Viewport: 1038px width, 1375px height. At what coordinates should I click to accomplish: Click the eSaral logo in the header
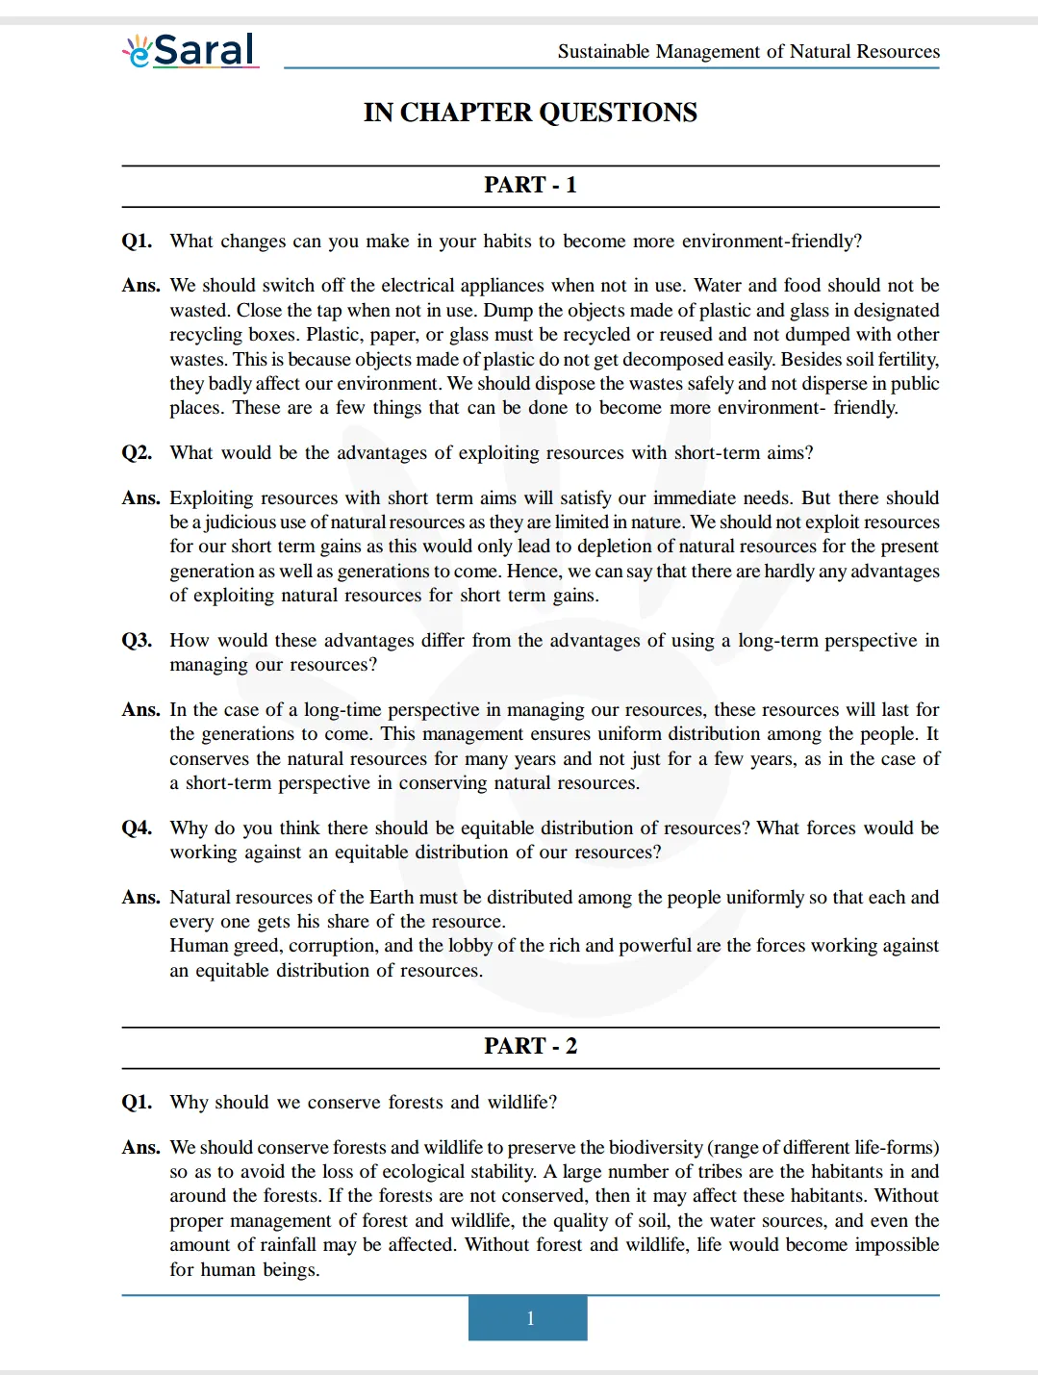click(190, 50)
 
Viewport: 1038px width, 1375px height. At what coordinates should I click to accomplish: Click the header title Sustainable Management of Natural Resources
click(748, 51)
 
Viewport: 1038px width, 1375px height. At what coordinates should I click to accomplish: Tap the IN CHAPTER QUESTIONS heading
click(530, 113)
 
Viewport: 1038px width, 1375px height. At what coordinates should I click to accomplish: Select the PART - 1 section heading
click(530, 185)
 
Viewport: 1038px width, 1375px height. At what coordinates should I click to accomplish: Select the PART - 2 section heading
click(530, 1046)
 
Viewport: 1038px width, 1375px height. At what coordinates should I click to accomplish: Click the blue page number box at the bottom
click(528, 1318)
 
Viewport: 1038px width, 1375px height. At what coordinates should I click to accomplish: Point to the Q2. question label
click(137, 453)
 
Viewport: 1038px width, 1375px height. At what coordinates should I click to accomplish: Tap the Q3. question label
click(137, 641)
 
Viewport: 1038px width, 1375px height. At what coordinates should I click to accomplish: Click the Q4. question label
click(137, 828)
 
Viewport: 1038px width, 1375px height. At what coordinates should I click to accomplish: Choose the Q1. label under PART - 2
click(137, 1103)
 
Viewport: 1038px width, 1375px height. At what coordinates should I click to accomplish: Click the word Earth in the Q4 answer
click(392, 898)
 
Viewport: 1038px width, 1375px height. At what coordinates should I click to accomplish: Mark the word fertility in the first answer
click(905, 360)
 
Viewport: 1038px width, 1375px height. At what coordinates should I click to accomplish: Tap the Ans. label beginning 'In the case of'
click(140, 710)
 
